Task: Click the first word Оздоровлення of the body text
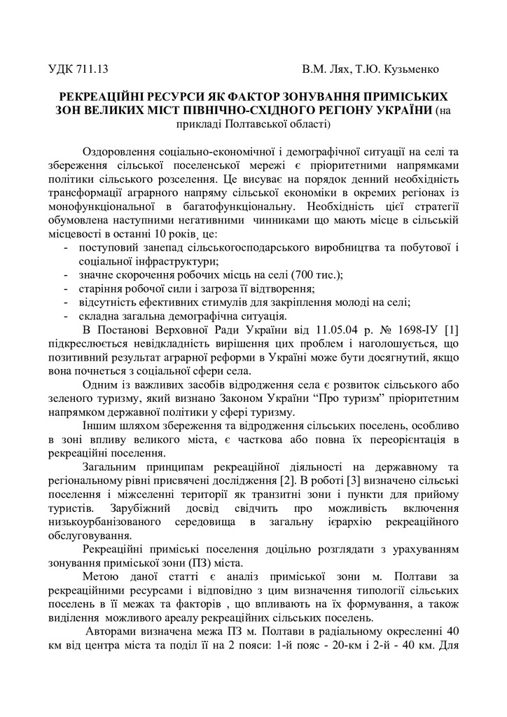point(124,152)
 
